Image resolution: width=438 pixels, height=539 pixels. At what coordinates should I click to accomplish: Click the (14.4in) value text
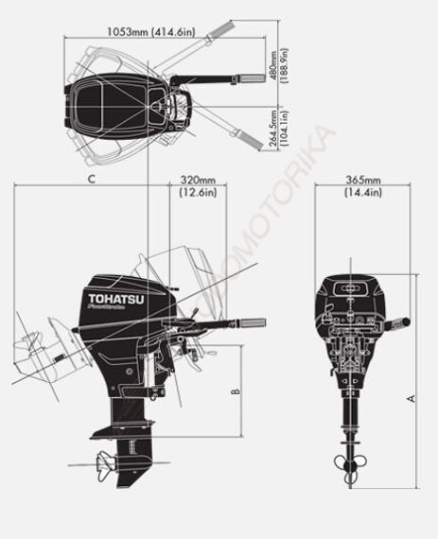[362, 193]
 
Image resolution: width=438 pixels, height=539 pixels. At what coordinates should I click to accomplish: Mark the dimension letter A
[412, 398]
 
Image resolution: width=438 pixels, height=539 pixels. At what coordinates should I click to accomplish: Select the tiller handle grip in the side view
[251, 323]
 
